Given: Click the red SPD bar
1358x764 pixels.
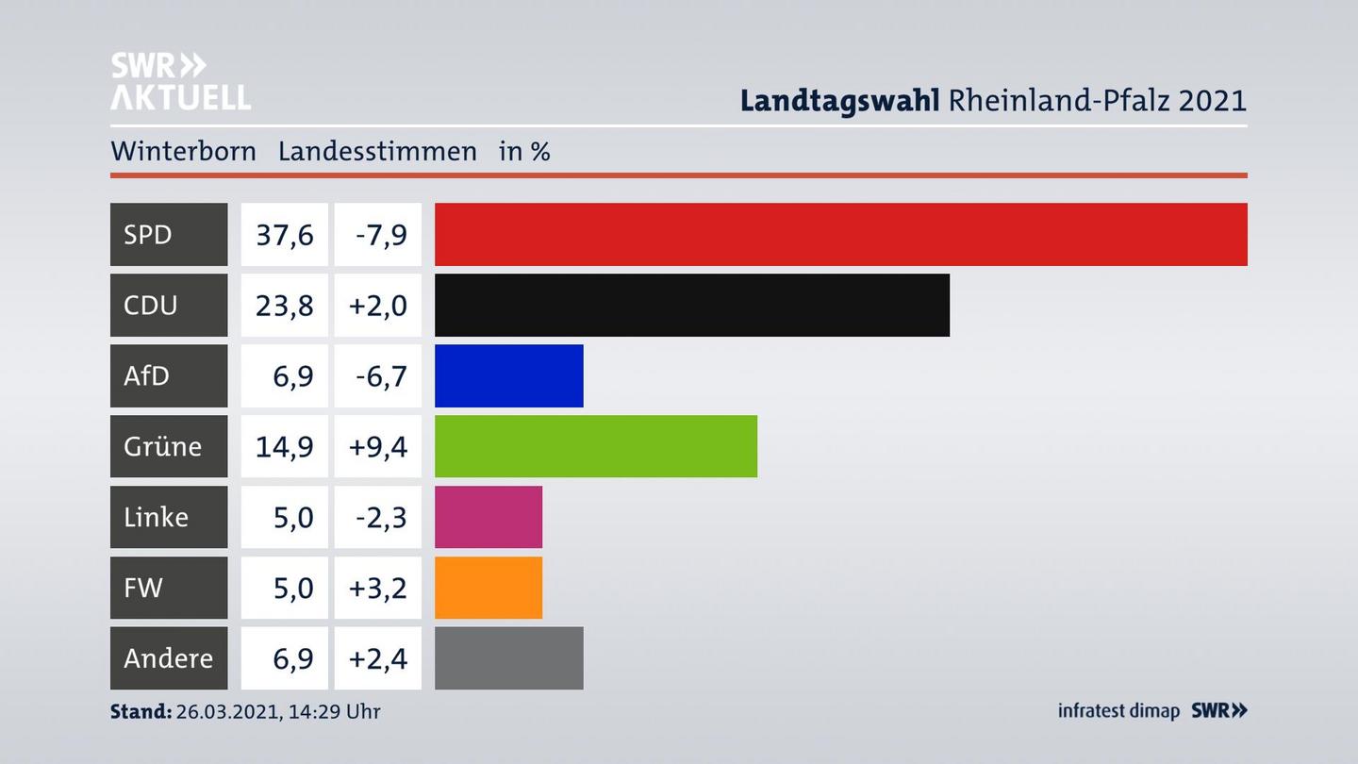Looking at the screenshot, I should point(840,234).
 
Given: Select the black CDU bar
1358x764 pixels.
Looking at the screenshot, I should point(691,305).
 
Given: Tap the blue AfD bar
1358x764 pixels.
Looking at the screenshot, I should point(508,375).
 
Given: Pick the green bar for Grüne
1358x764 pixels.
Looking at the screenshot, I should point(595,446).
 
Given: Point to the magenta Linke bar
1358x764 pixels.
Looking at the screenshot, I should point(488,517).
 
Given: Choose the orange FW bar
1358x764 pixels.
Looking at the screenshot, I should point(488,588).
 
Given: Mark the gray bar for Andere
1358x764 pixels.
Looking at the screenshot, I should point(508,658).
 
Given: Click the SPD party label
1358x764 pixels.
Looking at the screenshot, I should point(148,234).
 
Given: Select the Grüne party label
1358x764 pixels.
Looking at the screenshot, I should point(162,446).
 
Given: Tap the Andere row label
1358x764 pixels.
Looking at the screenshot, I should point(168,658).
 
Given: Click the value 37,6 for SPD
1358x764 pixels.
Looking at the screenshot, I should point(284,235).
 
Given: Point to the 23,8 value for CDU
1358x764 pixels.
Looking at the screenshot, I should point(284,306).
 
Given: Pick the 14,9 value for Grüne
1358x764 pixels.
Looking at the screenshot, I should point(284,446).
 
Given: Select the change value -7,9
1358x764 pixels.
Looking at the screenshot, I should point(380,235).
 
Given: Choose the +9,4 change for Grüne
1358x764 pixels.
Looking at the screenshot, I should point(378,446).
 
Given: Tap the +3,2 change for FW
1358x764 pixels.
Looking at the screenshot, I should point(378,588).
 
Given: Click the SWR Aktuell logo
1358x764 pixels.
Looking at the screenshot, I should point(180,81).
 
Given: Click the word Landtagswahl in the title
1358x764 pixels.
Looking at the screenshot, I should point(839,100).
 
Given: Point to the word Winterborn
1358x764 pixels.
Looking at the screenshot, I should point(183,152).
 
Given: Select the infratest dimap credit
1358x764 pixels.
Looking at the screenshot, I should point(1118,711).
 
